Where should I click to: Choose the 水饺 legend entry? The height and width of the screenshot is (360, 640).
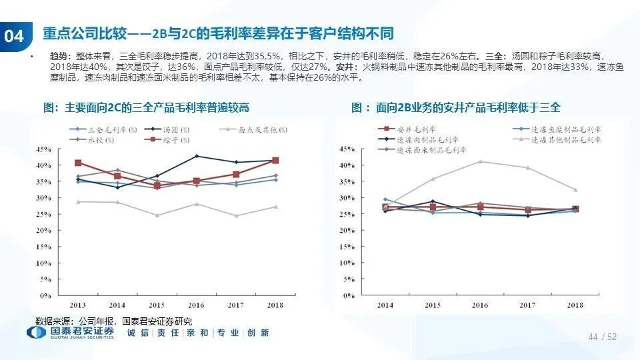90,141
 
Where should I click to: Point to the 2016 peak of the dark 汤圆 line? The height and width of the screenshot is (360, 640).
197,156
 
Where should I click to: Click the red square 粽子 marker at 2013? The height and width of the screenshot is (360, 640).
78,163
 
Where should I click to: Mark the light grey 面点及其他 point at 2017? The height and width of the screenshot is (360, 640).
236,216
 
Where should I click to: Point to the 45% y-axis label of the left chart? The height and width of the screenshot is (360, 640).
44,149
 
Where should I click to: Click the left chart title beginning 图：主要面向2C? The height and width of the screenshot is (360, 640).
146,107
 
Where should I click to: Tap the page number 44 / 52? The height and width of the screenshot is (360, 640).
603,337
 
